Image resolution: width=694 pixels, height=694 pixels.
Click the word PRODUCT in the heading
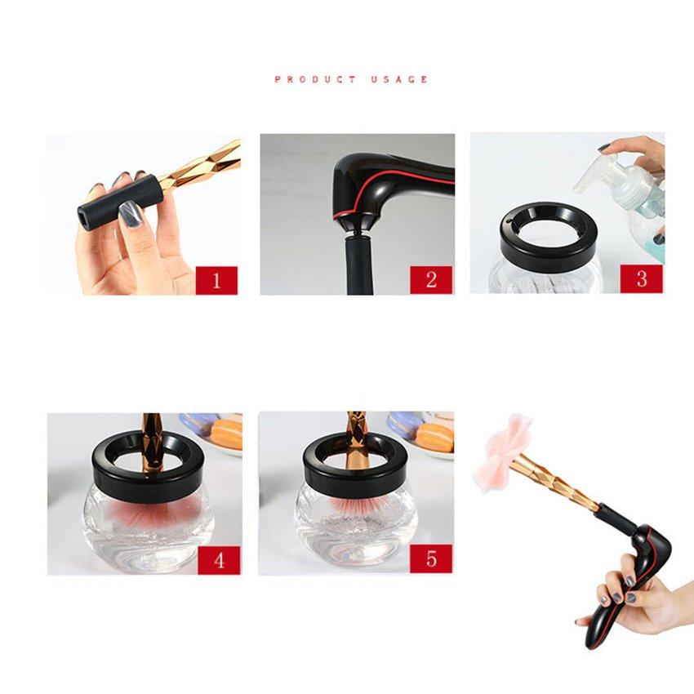[315, 79]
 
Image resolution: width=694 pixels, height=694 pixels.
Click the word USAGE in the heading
[399, 79]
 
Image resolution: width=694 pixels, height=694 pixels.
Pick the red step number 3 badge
[641, 278]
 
